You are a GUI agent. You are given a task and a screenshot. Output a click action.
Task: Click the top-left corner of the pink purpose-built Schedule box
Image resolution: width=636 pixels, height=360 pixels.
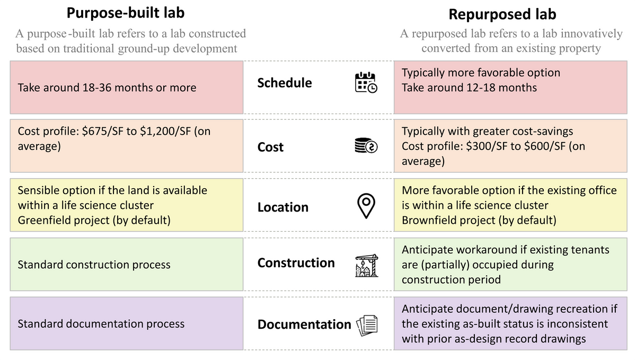point(10,61)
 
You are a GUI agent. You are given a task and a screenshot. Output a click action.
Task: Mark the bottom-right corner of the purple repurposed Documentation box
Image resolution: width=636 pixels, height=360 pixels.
point(627,350)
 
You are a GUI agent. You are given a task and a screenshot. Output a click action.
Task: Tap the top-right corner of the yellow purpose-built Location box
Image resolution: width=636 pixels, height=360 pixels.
point(243,179)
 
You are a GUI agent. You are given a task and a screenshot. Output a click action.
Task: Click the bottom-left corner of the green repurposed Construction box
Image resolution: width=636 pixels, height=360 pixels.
point(394,291)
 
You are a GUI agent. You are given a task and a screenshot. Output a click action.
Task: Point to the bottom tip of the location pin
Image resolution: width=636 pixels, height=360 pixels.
point(366,218)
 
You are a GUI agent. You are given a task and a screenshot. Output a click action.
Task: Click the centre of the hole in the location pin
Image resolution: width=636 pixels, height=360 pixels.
point(366,202)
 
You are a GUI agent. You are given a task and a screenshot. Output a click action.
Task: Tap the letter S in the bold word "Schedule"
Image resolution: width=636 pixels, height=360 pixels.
point(261,83)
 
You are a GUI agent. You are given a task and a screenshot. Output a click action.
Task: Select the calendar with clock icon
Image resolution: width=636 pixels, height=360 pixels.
point(366,82)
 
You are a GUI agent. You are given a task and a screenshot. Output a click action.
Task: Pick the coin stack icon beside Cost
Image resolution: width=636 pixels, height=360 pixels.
point(366,145)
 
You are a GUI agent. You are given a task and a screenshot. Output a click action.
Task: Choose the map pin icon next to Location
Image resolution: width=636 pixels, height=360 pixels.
point(366,206)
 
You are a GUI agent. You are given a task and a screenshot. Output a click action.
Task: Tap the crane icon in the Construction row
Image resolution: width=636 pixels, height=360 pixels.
point(367,266)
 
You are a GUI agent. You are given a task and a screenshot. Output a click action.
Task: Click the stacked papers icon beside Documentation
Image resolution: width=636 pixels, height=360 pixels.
point(367,326)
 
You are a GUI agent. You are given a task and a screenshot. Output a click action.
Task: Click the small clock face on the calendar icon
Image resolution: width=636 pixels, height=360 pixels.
point(373,88)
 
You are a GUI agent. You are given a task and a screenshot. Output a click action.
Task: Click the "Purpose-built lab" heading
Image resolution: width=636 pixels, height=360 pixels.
point(126,13)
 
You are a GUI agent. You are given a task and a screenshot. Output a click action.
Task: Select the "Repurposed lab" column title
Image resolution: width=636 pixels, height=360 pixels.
point(502,14)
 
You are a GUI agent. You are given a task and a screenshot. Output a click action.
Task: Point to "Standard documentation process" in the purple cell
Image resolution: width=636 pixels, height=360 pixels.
point(101,324)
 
